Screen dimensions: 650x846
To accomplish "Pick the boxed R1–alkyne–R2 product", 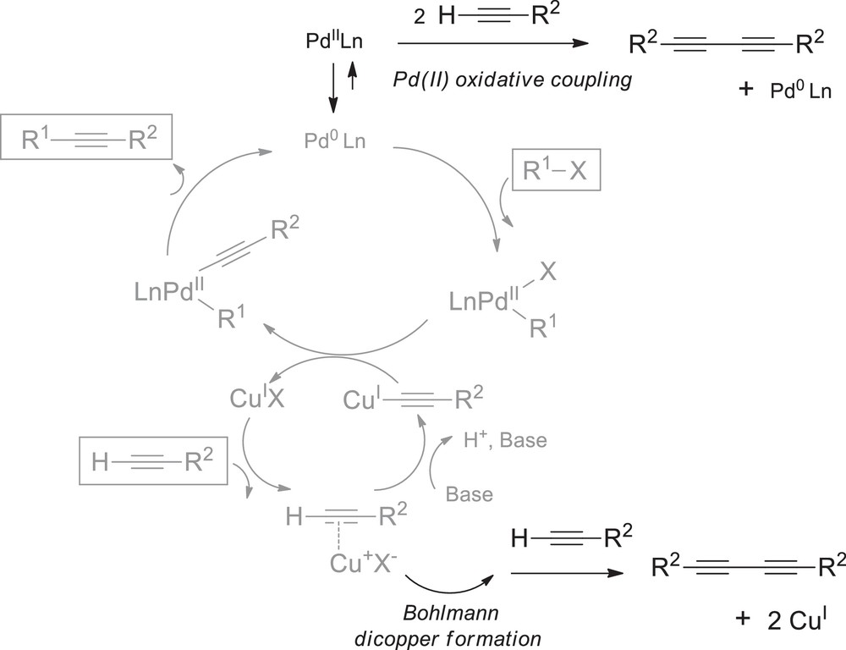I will pyautogui.click(x=86, y=139).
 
